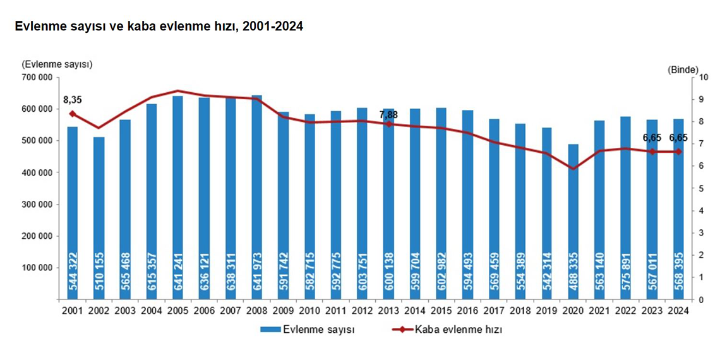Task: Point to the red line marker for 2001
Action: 73,114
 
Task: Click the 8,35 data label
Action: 73,100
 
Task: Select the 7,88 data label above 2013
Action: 388,114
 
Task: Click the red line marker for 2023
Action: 652,152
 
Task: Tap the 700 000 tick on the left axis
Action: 36,77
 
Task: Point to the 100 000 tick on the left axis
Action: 36,268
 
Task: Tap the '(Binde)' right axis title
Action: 682,69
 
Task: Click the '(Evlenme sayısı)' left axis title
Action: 57,64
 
